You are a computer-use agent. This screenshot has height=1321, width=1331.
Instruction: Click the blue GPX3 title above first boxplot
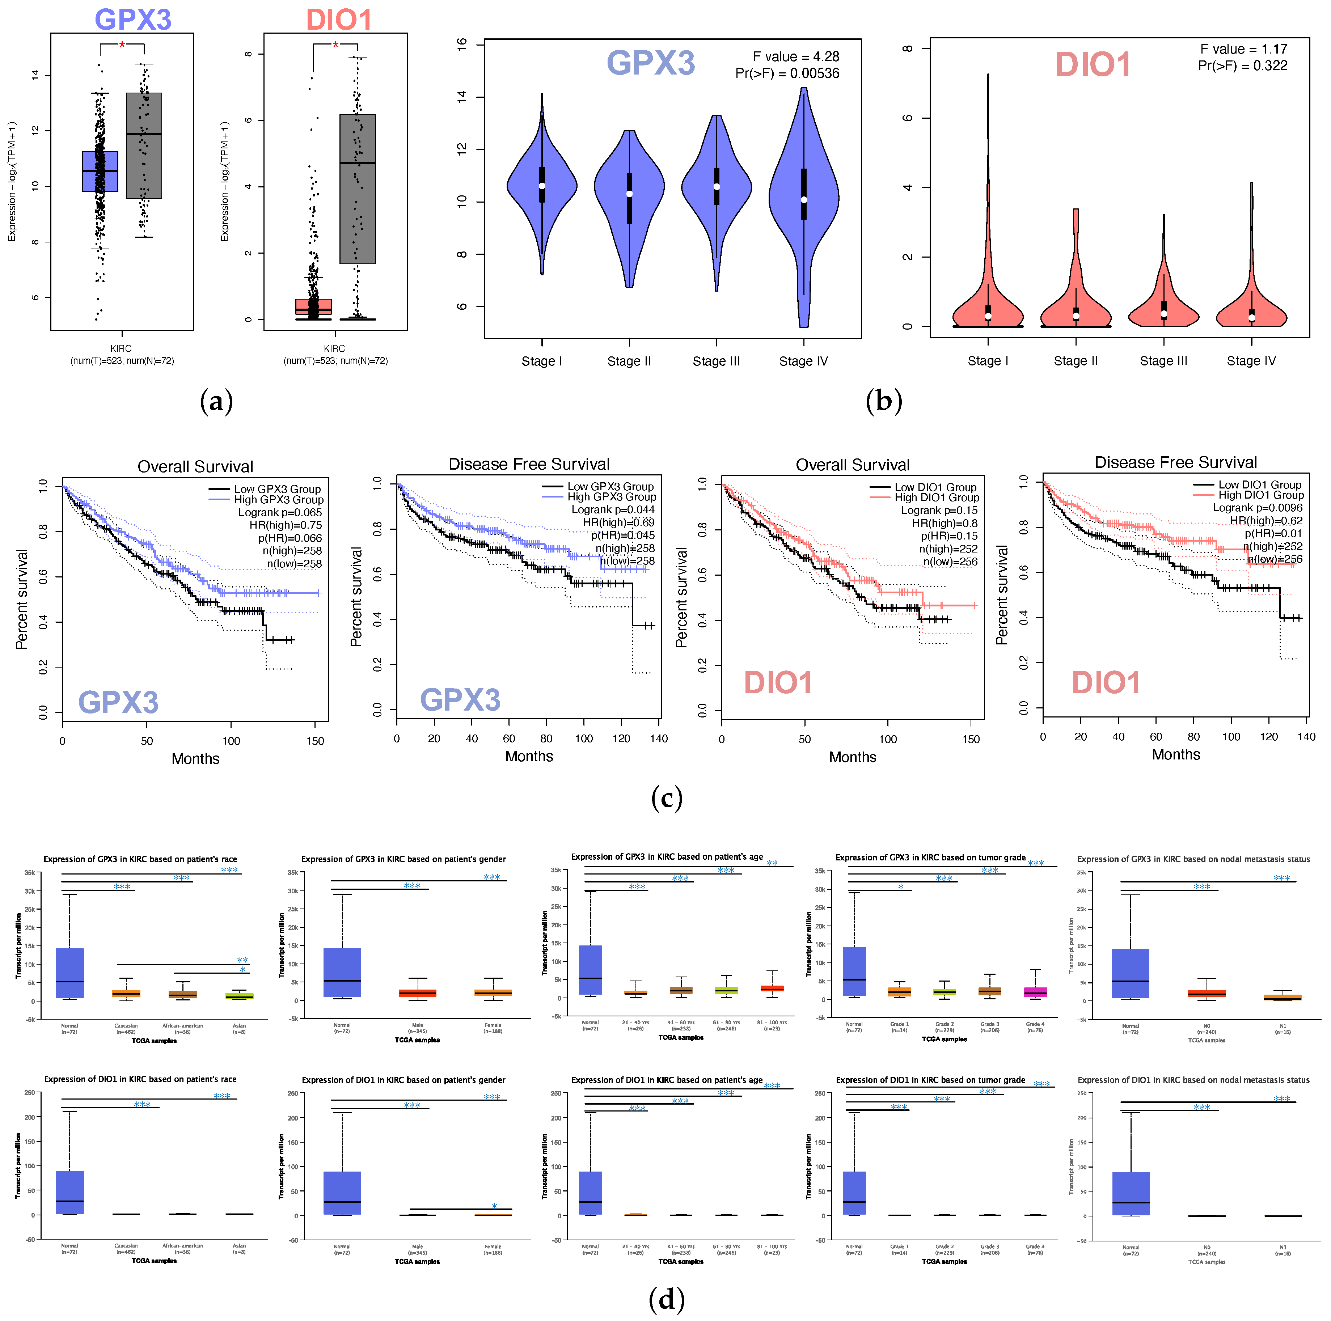coord(132,19)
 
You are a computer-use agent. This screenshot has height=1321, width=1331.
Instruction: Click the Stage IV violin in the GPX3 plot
coord(803,200)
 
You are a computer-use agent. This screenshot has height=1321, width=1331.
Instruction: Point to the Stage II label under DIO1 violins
coord(1076,361)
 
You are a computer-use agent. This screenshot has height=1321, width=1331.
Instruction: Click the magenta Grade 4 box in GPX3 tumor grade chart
coord(1035,992)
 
